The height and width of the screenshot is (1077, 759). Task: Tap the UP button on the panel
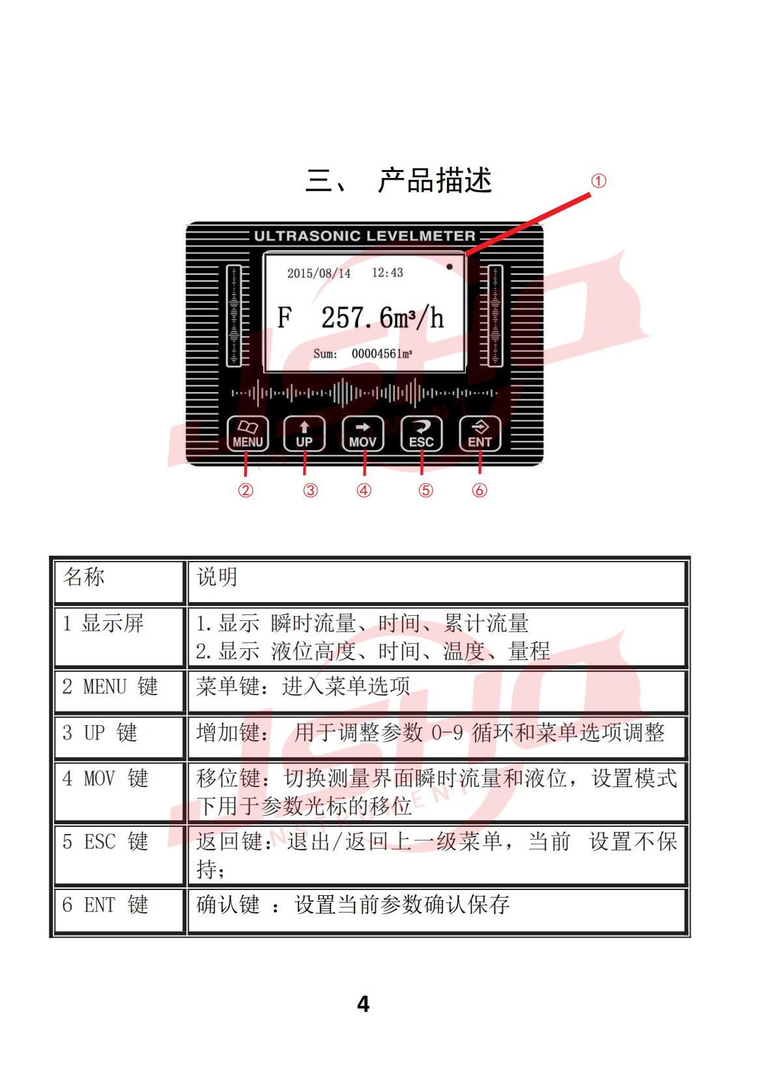[x=304, y=434]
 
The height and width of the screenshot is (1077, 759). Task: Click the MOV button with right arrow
[x=362, y=434]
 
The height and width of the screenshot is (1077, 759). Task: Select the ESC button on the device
[x=421, y=434]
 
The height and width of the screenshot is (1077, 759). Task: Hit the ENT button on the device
[x=480, y=434]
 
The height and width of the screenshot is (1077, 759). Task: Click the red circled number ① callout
[x=599, y=181]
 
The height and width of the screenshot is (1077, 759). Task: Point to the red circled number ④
[x=364, y=491]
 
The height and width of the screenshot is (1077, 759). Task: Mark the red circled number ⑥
[x=480, y=491]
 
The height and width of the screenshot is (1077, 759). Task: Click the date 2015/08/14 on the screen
[x=319, y=273]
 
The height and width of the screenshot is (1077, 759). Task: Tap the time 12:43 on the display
[x=388, y=272]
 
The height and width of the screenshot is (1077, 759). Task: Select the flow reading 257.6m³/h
[x=382, y=318]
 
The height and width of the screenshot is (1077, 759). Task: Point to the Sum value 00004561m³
[x=382, y=354]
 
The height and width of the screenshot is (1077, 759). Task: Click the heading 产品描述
[x=435, y=180]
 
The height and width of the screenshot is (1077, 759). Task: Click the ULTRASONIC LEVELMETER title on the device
[x=365, y=236]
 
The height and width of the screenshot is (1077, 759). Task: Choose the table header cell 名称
[x=83, y=577]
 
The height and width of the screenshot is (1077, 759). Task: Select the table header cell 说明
[x=217, y=577]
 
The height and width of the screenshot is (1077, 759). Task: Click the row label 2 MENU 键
[x=110, y=686]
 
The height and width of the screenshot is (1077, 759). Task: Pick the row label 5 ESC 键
[x=106, y=841]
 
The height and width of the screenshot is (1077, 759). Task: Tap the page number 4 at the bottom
[x=364, y=1004]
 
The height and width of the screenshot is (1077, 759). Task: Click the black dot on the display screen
[x=450, y=267]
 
